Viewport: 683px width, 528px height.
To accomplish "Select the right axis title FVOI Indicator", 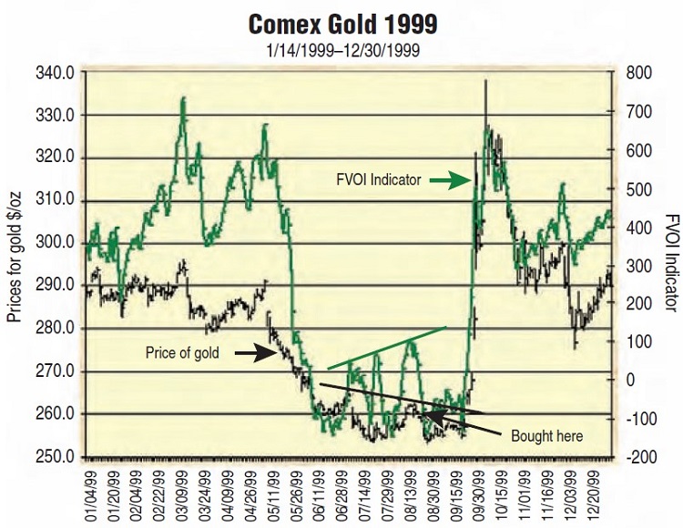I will (668, 264).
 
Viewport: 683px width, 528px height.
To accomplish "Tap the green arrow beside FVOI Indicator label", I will (446, 180).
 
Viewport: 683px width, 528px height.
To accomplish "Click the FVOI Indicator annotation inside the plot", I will (376, 180).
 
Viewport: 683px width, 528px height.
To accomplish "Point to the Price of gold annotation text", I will (180, 353).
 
